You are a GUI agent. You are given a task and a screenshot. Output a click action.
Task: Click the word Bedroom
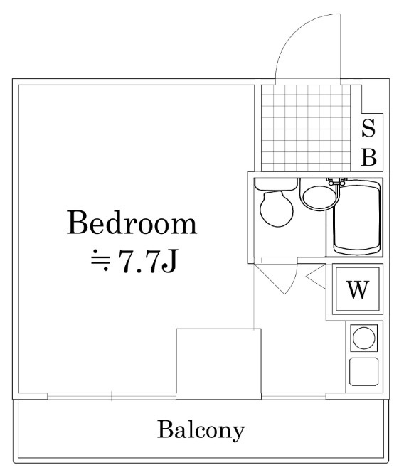pyautogui.click(x=132, y=223)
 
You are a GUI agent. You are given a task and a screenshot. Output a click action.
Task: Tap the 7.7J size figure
pyautogui.click(x=147, y=260)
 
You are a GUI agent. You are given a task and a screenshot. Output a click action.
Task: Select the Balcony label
pyautogui.click(x=201, y=430)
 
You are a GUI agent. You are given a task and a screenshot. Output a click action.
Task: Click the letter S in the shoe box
pyautogui.click(x=368, y=128)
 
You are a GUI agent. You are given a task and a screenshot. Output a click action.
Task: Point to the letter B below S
pyautogui.click(x=368, y=157)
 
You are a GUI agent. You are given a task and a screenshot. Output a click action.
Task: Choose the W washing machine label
pyautogui.click(x=358, y=289)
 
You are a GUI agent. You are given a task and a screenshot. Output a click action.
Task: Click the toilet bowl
pyautogui.click(x=276, y=209)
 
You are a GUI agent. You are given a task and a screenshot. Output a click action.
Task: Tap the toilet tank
pyautogui.click(x=275, y=184)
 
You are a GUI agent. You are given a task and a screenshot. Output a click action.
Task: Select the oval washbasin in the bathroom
pyautogui.click(x=319, y=196)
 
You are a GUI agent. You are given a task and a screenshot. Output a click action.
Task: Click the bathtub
pyautogui.click(x=357, y=218)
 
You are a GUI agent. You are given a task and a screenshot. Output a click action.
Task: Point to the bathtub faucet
pyautogui.click(x=336, y=182)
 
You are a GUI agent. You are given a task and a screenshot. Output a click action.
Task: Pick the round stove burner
pyautogui.click(x=364, y=338)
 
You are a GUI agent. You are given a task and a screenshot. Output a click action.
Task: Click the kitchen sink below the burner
pyautogui.click(x=363, y=372)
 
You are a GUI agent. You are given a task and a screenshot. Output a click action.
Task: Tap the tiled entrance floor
pyautogui.click(x=306, y=128)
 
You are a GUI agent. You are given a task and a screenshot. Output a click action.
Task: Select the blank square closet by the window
pyautogui.click(x=219, y=363)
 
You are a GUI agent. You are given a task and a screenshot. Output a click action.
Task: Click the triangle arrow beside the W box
pyautogui.click(x=316, y=276)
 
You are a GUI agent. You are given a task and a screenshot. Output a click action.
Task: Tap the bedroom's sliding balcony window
pyautogui.click(x=112, y=396)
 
